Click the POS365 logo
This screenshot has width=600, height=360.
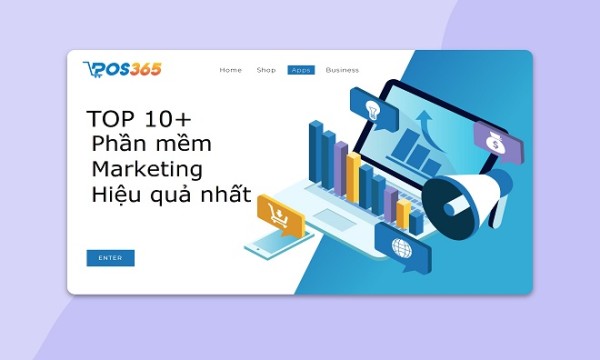[122, 69]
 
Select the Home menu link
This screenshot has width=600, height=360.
[231, 70]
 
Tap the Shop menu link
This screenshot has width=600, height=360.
[266, 70]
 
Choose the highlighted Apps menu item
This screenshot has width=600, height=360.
[300, 70]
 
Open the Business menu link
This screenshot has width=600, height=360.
[342, 70]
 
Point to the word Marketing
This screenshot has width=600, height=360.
[146, 167]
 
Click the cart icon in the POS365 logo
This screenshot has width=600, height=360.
[91, 68]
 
